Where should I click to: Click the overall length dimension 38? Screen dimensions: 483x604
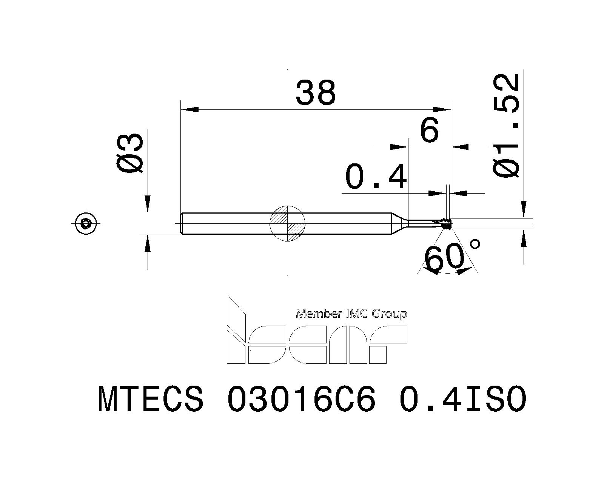pyautogui.click(x=316, y=93)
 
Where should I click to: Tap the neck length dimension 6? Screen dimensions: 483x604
pyautogui.click(x=430, y=130)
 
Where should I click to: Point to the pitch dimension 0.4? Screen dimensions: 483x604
pyautogui.click(x=376, y=177)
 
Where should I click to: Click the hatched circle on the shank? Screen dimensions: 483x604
pyautogui.click(x=287, y=223)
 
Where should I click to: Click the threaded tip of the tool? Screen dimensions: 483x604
pyautogui.click(x=447, y=223)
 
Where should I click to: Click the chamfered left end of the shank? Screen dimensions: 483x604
pyautogui.click(x=182, y=223)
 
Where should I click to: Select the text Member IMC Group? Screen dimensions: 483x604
pyautogui.click(x=351, y=314)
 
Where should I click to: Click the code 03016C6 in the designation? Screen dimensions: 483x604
pyautogui.click(x=302, y=399)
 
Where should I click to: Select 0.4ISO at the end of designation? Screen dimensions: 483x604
pyautogui.click(x=462, y=399)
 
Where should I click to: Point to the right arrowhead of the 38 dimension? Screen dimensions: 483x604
pyautogui.click(x=442, y=109)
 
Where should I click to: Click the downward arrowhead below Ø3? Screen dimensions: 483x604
pyautogui.click(x=148, y=204)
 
